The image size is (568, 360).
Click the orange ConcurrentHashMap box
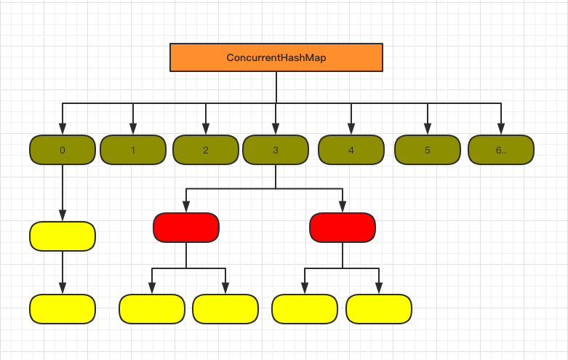point(276,57)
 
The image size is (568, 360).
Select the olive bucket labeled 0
point(63,150)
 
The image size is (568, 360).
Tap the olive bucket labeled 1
point(133,150)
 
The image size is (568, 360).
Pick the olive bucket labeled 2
point(206,150)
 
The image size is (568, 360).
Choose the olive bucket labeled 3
point(276,150)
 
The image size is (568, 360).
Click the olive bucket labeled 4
point(351,150)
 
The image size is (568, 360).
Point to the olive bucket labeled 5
point(428,150)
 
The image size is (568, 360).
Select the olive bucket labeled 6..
point(500,150)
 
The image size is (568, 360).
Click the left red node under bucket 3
point(186,228)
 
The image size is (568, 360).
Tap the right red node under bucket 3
point(343,228)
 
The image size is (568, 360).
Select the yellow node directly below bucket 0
point(63,236)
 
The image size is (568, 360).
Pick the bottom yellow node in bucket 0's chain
point(63,309)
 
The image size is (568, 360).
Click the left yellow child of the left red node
point(152,309)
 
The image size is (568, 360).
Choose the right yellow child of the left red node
point(225,309)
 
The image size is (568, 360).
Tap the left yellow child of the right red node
point(305,309)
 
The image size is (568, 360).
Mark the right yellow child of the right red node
point(379,309)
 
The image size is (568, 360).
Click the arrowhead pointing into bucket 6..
point(500,130)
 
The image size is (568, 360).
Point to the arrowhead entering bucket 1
point(133,130)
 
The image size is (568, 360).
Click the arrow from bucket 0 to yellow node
point(63,193)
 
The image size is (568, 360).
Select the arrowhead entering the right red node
point(343,208)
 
